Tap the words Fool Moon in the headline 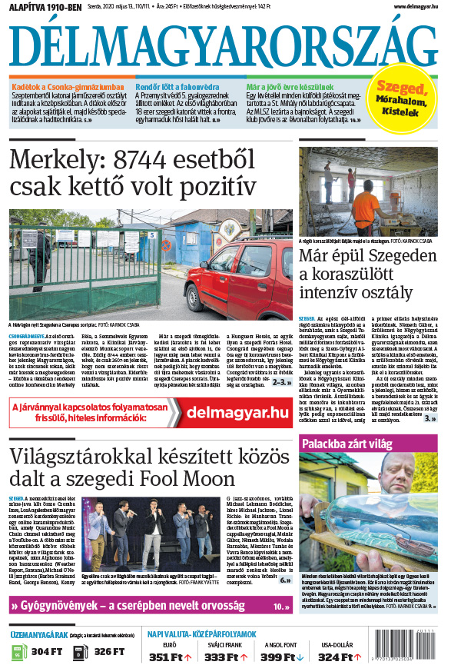(x=204, y=478)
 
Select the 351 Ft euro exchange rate (x=168, y=657)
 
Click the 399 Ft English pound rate (x=280, y=657)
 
